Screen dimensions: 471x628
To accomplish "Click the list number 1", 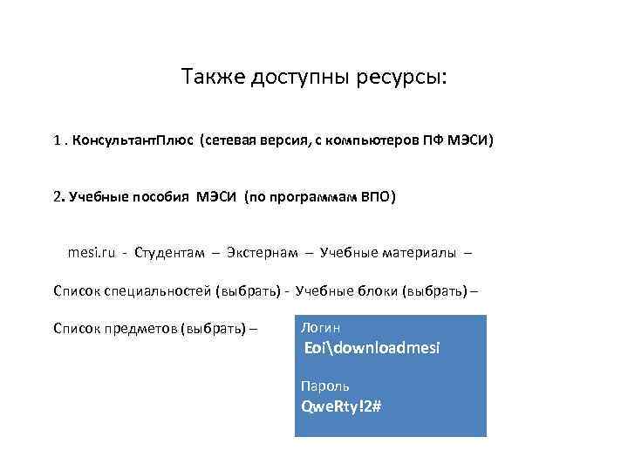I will tap(57, 140).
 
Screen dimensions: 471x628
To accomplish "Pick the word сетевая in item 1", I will tap(229, 140).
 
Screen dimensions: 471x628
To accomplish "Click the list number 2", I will tap(57, 197).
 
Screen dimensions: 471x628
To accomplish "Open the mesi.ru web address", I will tap(92, 253).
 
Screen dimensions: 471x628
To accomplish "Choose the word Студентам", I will tap(170, 253).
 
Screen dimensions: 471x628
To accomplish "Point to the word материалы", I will tap(420, 253).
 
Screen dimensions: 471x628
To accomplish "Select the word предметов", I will tap(140, 328).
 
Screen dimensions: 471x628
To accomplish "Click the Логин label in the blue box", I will tap(320, 328).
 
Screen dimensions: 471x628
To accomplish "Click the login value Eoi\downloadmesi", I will tap(372, 348).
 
